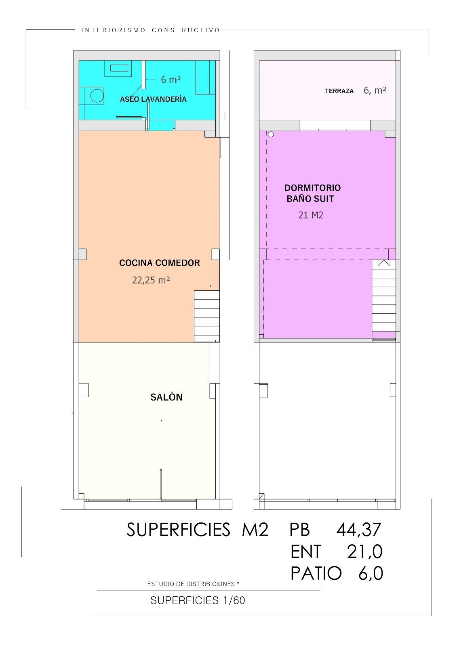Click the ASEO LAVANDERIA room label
tap(153, 99)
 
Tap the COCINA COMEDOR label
tap(160, 263)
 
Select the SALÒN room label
tap(166, 397)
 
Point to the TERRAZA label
tap(339, 91)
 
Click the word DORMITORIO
tap(313, 188)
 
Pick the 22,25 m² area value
tap(151, 280)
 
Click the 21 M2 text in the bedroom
tap(311, 215)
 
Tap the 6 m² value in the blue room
tap(171, 79)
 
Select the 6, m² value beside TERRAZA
tap(375, 90)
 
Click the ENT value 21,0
tap(365, 552)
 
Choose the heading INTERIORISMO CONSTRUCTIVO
tap(151, 30)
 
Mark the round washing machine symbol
tap(97, 95)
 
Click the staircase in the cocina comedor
tap(207, 317)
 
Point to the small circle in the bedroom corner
tap(271, 134)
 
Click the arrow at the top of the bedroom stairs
tap(384, 263)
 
